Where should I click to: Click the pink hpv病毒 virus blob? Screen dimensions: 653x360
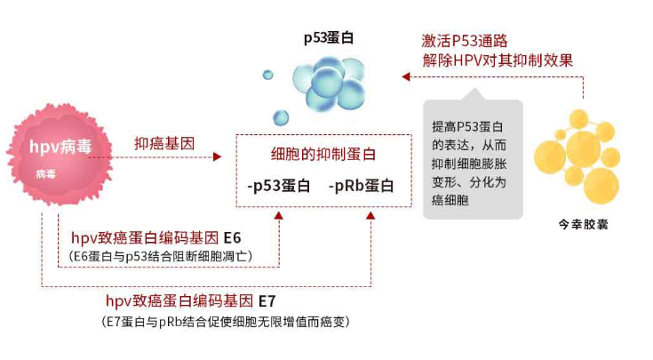click(x=60, y=154)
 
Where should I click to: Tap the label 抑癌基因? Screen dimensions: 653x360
click(x=164, y=143)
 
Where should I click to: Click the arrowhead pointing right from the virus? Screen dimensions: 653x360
click(x=217, y=157)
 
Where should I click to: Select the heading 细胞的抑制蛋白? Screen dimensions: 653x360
click(x=323, y=154)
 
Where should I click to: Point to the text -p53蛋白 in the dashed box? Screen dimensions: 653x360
click(x=279, y=186)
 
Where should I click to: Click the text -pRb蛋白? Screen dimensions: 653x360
click(x=361, y=186)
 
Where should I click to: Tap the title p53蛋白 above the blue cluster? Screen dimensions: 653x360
click(x=329, y=38)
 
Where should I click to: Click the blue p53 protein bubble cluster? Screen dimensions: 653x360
click(x=329, y=84)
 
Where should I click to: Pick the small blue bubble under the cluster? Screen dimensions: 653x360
click(x=281, y=118)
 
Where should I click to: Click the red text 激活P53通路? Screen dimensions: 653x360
click(x=465, y=41)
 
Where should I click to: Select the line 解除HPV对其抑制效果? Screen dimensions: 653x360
click(x=498, y=60)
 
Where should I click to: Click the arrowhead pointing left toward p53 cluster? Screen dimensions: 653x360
click(x=406, y=76)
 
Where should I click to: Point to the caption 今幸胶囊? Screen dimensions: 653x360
click(x=583, y=225)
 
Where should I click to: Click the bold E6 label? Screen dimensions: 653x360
click(x=233, y=238)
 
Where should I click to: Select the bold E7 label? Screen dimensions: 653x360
click(x=267, y=300)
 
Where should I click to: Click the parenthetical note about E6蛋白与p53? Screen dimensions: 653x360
click(x=161, y=256)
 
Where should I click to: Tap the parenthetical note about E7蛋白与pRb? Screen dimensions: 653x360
click(x=226, y=322)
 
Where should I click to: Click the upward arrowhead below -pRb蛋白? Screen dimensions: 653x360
click(x=370, y=215)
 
